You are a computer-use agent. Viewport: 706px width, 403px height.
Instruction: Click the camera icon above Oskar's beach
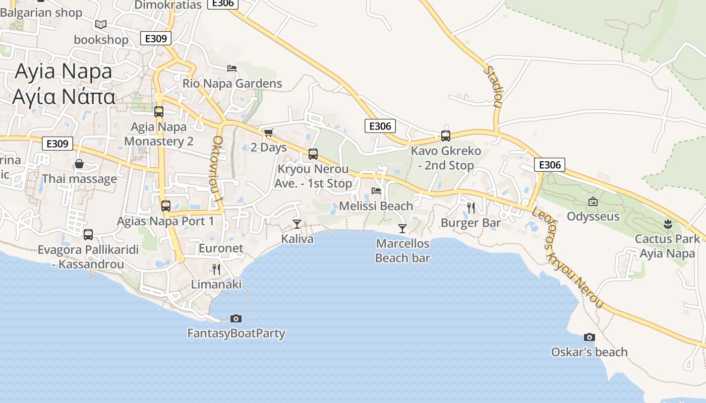tap(589, 337)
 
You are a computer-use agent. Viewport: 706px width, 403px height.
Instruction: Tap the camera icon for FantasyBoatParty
tap(236, 318)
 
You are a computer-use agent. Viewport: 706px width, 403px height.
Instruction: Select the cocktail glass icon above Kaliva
tap(297, 224)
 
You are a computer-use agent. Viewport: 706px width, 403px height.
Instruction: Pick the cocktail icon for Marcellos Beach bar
tap(402, 228)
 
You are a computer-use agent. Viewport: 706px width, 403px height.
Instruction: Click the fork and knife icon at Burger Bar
tap(471, 208)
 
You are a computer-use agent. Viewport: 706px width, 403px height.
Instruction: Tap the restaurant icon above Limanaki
tap(216, 269)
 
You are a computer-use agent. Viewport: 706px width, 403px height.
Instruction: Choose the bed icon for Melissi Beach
tap(376, 190)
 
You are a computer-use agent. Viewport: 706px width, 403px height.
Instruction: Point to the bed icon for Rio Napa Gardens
tap(232, 68)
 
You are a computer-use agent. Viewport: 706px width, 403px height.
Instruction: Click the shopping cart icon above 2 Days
tap(268, 132)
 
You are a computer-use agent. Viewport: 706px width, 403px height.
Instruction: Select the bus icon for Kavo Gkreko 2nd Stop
tap(445, 136)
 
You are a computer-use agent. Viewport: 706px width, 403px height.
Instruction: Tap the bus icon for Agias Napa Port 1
tap(165, 206)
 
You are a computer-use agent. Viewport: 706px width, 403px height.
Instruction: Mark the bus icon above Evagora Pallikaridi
tap(88, 234)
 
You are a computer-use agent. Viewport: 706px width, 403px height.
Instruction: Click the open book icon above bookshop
tap(101, 24)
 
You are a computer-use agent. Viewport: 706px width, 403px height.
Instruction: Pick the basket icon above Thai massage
tap(79, 164)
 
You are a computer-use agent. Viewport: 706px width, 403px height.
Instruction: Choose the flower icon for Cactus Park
tap(668, 223)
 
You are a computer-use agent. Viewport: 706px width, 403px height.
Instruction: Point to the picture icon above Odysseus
tap(593, 201)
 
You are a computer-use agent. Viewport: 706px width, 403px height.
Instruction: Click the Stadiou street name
tap(494, 87)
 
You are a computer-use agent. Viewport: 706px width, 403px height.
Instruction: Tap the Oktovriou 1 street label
tap(218, 169)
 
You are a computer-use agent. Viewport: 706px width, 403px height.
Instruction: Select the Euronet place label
tap(221, 248)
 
